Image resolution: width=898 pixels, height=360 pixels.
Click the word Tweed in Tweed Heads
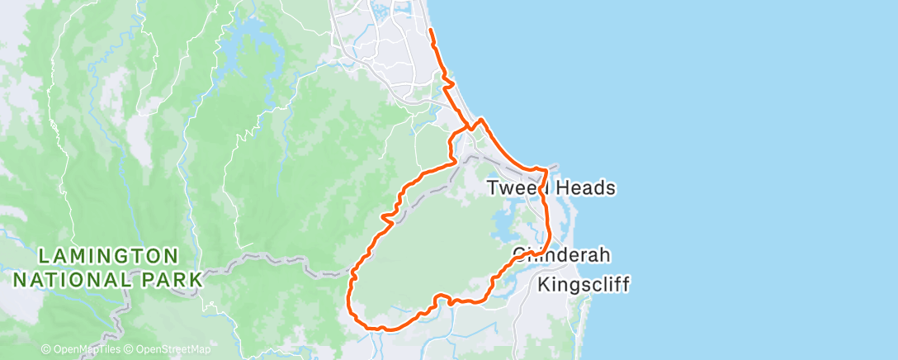(516, 188)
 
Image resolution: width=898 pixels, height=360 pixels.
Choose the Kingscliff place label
(584, 286)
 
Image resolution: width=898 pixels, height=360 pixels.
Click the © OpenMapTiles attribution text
(81, 349)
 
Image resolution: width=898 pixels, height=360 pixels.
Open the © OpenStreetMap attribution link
(168, 349)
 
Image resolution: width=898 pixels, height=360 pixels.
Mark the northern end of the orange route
(431, 31)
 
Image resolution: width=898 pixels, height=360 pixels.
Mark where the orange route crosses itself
(471, 127)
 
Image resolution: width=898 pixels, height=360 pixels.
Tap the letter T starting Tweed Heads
(493, 188)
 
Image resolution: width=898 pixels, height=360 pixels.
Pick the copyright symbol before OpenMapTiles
(45, 349)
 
